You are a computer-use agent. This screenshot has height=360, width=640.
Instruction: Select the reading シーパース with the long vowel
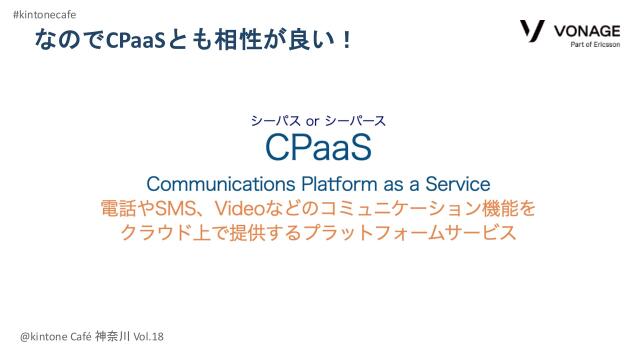click(x=355, y=121)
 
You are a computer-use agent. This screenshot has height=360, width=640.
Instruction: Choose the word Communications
click(x=211, y=185)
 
